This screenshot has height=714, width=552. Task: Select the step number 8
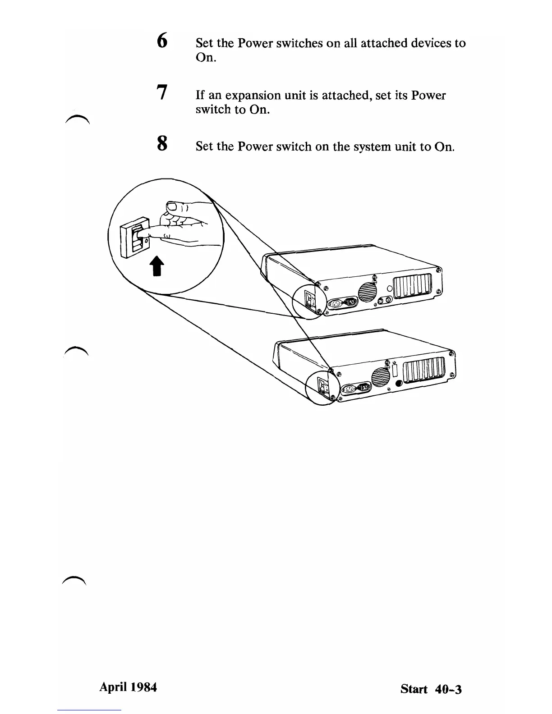(162, 144)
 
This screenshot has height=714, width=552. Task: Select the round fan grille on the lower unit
(381, 376)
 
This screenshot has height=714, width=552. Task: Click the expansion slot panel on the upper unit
(413, 287)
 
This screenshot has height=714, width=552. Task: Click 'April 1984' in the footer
(128, 687)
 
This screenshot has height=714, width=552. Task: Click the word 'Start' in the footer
(414, 689)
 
